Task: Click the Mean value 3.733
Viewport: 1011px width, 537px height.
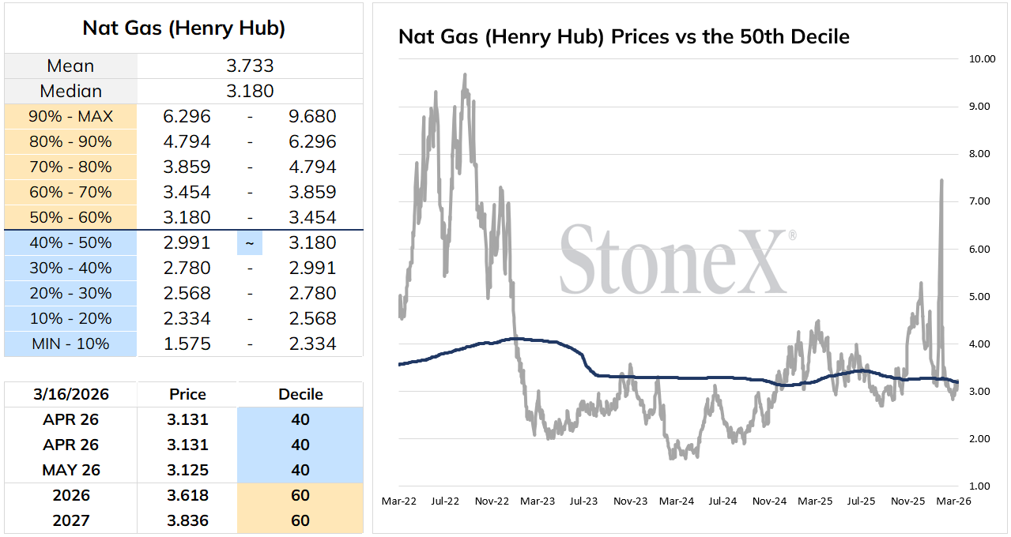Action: click(250, 66)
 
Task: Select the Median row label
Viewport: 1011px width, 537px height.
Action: click(71, 91)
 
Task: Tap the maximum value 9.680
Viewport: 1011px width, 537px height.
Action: click(312, 116)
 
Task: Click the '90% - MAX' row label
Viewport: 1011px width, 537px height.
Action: click(70, 116)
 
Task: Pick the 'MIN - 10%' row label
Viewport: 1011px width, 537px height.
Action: click(70, 344)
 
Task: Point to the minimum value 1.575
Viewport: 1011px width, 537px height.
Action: click(187, 344)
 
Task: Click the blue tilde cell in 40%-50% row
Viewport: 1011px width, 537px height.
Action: click(250, 243)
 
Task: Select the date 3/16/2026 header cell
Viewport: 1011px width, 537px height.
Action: click(71, 394)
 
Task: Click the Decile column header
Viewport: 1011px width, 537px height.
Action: click(300, 394)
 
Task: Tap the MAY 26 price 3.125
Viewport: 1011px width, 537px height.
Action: click(187, 470)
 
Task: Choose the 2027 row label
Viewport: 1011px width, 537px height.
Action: click(71, 520)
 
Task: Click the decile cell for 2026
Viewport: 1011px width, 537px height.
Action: click(300, 495)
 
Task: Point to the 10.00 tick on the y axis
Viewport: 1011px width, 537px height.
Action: click(982, 59)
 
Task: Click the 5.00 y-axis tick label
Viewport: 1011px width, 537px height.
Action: click(979, 297)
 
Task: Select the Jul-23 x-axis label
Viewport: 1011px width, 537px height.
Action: click(583, 501)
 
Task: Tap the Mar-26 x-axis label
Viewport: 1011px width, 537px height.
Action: click(953, 501)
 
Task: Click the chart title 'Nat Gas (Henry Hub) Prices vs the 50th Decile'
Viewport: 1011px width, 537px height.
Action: click(624, 36)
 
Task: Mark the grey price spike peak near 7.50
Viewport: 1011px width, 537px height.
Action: click(941, 180)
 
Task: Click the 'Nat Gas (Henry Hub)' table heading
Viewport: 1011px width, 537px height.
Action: click(183, 28)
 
